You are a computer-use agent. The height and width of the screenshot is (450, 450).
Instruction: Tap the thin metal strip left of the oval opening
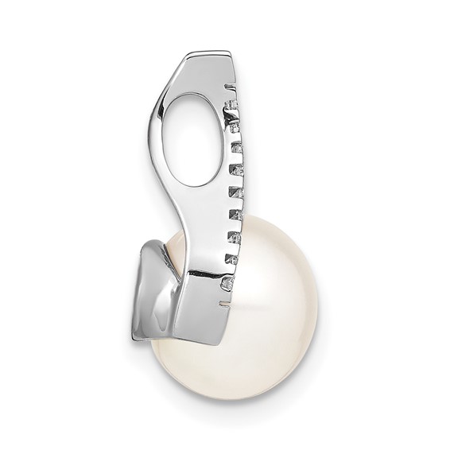(159, 135)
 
